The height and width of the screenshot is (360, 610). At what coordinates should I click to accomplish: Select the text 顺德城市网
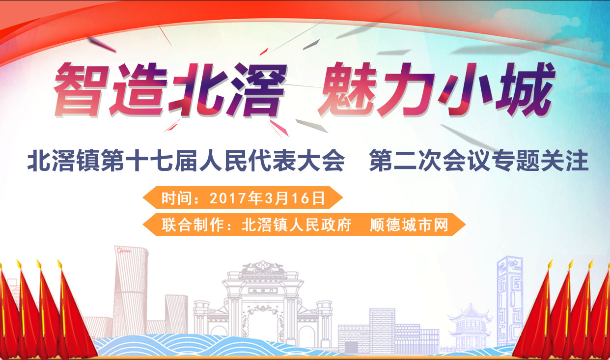click(409, 225)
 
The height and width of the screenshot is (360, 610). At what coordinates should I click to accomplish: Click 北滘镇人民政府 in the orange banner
click(296, 225)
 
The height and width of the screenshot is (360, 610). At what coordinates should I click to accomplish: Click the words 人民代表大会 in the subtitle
click(272, 160)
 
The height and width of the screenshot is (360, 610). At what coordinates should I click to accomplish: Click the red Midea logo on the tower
click(124, 250)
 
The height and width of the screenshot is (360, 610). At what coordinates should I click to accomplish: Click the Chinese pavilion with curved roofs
click(469, 326)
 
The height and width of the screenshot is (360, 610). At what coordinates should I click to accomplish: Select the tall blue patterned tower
click(510, 301)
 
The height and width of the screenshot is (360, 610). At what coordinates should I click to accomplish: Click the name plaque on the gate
click(263, 291)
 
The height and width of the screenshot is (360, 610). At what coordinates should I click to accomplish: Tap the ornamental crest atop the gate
click(263, 267)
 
